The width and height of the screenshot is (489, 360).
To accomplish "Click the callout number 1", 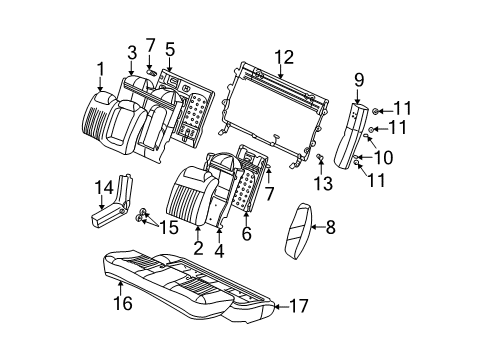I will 100,68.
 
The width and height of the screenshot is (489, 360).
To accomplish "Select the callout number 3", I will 132,52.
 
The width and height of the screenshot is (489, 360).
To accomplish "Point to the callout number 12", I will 287,56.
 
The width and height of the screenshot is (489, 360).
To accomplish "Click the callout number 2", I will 198,247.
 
